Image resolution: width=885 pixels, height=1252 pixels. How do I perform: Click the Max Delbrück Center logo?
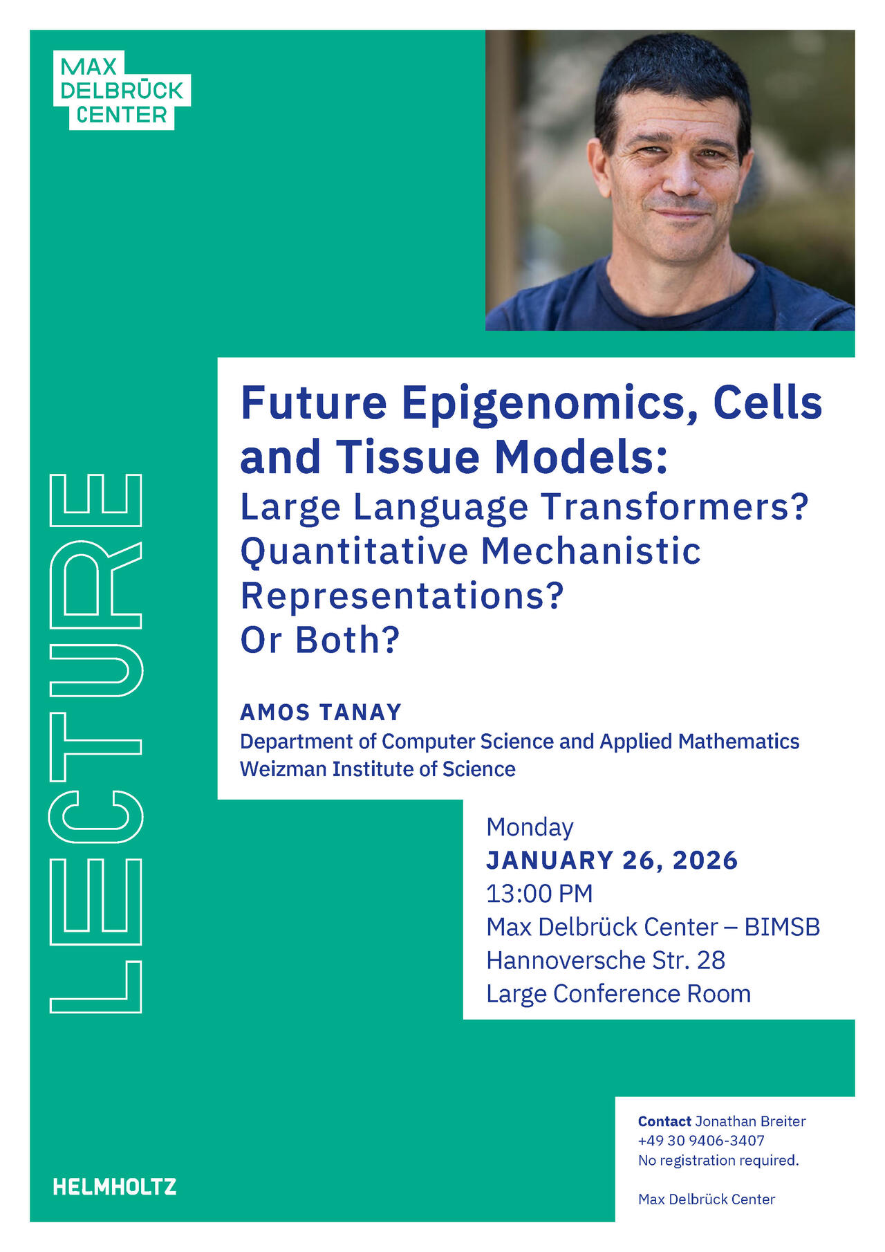pyautogui.click(x=121, y=91)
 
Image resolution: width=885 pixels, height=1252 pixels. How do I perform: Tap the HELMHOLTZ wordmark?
pyautogui.click(x=115, y=1187)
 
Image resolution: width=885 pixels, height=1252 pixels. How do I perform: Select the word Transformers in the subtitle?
pyautogui.click(x=674, y=506)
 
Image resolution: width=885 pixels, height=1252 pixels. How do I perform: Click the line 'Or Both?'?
pyautogui.click(x=320, y=640)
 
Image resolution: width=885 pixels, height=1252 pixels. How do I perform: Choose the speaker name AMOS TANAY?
pyautogui.click(x=321, y=712)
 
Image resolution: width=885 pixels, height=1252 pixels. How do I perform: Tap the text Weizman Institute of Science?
pyautogui.click(x=378, y=769)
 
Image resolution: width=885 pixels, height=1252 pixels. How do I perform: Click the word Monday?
pyautogui.click(x=530, y=827)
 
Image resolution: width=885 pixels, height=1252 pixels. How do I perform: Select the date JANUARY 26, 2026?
pyautogui.click(x=612, y=860)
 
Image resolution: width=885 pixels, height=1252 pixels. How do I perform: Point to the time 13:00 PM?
pyautogui.click(x=539, y=894)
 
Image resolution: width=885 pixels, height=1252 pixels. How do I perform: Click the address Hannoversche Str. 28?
pyautogui.click(x=606, y=960)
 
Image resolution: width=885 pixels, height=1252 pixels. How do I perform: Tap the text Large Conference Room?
pyautogui.click(x=618, y=993)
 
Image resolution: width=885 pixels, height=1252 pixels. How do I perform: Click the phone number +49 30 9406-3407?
pyautogui.click(x=701, y=1141)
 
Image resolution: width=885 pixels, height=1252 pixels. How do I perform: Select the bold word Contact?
pyautogui.click(x=664, y=1121)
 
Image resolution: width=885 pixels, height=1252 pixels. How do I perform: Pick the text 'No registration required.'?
pyautogui.click(x=718, y=1160)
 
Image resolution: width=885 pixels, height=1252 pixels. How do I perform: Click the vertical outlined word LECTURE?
pyautogui.click(x=96, y=744)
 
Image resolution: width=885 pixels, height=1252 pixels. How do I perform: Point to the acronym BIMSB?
pyautogui.click(x=781, y=927)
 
